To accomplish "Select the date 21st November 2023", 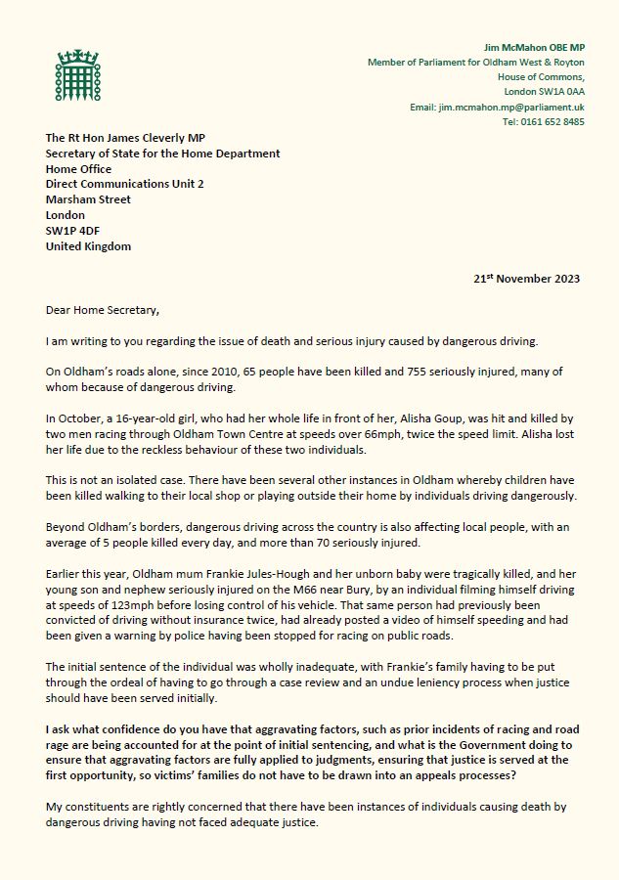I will [527, 279].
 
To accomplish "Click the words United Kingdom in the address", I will [88, 246].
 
